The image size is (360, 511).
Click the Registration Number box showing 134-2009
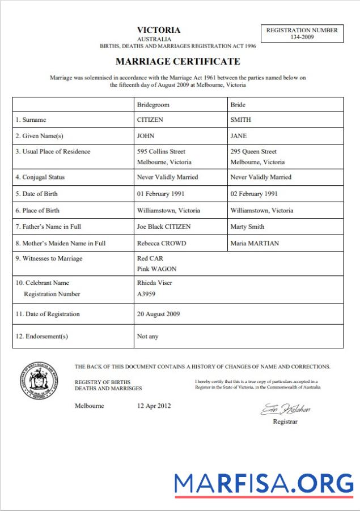[x=302, y=33]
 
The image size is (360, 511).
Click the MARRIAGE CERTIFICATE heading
[x=177, y=61]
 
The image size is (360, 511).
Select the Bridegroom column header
[x=153, y=105]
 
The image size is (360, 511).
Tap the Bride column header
[x=238, y=105]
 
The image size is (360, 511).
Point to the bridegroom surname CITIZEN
[x=150, y=120]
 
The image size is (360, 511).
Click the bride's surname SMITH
[x=240, y=120]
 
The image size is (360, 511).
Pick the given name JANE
[x=239, y=136]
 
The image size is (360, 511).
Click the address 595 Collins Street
[x=161, y=152]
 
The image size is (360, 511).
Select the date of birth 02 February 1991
[x=254, y=194]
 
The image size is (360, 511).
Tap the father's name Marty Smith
[x=247, y=227]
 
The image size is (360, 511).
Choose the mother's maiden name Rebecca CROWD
[x=161, y=244]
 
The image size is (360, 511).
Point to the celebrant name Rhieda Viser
[x=154, y=283]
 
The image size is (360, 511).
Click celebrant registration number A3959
[x=146, y=294]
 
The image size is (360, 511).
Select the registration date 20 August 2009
[x=158, y=314]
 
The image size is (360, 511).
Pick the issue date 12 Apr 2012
[x=154, y=406]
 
